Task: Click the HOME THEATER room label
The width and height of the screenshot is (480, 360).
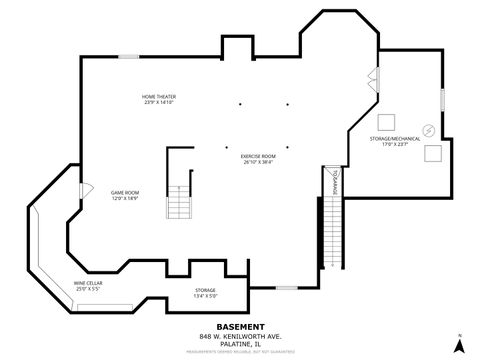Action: (x=159, y=99)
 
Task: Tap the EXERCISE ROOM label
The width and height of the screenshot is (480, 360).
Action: (x=258, y=158)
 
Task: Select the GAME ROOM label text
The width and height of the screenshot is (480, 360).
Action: (x=124, y=195)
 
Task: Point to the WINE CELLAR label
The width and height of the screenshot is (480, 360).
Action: (x=88, y=286)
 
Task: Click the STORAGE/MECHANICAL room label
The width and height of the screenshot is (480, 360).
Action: (x=396, y=141)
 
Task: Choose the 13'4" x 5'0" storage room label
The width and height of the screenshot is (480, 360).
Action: (x=205, y=293)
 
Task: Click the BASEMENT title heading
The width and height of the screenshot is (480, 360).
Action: (x=241, y=326)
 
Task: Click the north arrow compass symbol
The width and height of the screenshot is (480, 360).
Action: (x=458, y=344)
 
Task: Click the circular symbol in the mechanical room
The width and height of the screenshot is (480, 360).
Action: (x=427, y=128)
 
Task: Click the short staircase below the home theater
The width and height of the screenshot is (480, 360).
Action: (x=179, y=204)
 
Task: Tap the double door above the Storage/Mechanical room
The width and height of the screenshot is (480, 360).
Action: (x=374, y=81)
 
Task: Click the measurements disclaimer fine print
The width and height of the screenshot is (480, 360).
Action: (x=241, y=351)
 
